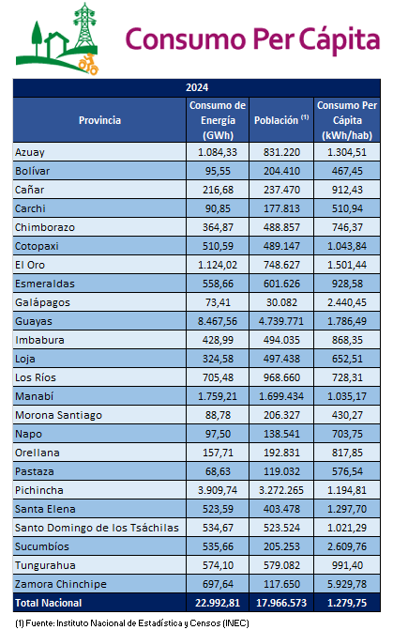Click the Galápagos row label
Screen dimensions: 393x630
[x=42, y=302]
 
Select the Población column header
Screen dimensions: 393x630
[x=281, y=120]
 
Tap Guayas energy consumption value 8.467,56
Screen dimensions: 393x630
[x=218, y=321]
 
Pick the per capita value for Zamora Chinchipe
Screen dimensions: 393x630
[x=347, y=584]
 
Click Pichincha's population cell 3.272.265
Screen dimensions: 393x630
[x=281, y=490]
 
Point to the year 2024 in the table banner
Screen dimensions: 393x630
[x=197, y=87]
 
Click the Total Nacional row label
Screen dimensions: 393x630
[x=48, y=603]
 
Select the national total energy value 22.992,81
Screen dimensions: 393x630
[x=218, y=603]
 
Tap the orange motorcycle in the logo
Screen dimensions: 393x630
[x=89, y=64]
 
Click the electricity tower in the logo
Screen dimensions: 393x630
[x=84, y=25]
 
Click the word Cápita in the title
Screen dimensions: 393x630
[x=340, y=40]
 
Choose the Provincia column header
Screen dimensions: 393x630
[x=99, y=120]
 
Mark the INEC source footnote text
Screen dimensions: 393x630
[x=132, y=623]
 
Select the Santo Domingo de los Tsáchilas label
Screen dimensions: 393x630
[x=97, y=528]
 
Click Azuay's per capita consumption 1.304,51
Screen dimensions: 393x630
[x=347, y=152]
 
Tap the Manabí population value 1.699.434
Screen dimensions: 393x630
[x=281, y=396]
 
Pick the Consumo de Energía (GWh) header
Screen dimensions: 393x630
[x=218, y=120]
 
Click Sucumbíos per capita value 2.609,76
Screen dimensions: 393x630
[x=347, y=546]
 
